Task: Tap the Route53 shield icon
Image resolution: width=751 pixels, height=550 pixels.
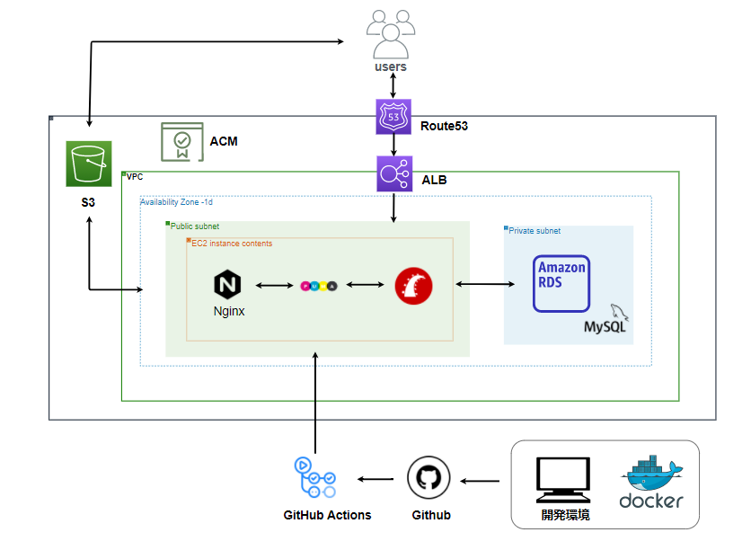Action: [393, 117]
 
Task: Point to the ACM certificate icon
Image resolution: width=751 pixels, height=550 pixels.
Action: [181, 141]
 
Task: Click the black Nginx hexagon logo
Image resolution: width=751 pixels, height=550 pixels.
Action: [229, 286]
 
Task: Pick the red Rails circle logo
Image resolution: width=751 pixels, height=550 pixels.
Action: [414, 287]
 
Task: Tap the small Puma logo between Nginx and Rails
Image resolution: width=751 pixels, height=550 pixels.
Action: [318, 286]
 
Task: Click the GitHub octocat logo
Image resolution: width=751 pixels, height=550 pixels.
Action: [429, 478]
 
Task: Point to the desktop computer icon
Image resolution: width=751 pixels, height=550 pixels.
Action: [563, 480]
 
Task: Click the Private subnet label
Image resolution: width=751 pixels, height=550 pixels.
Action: [535, 231]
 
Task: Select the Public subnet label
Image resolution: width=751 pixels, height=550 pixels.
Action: [195, 226]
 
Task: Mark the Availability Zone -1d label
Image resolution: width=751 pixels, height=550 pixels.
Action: [175, 202]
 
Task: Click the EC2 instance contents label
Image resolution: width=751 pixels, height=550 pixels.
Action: [232, 244]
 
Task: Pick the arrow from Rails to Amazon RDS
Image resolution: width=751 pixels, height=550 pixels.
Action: [486, 285]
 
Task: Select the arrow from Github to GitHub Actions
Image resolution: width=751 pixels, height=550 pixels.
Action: [377, 479]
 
